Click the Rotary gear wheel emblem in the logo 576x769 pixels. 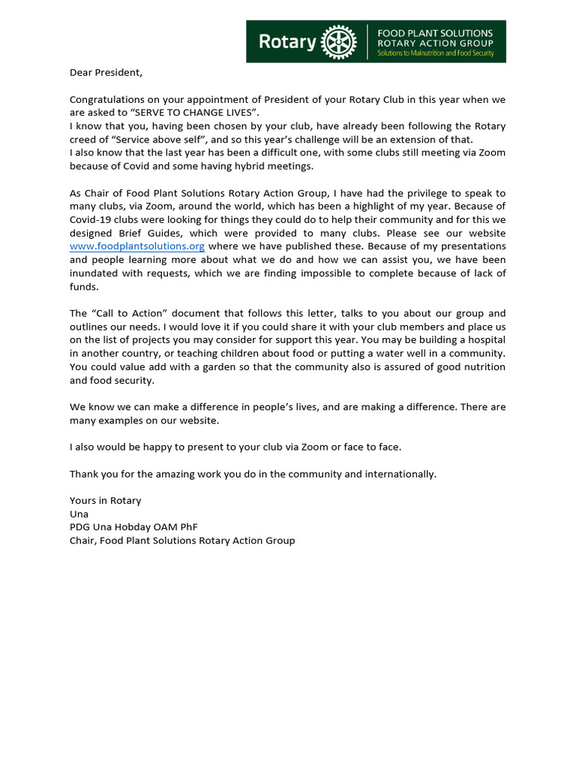click(338, 42)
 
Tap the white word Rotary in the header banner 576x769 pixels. click(287, 42)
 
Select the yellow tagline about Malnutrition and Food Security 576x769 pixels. click(435, 54)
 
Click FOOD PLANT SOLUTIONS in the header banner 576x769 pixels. click(434, 33)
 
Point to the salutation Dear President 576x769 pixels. click(105, 73)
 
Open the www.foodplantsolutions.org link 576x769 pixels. click(137, 246)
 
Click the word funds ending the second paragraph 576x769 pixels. click(83, 286)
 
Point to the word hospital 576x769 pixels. click(485, 339)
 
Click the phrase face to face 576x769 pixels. click(373, 447)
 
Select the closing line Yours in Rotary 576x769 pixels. click(105, 500)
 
